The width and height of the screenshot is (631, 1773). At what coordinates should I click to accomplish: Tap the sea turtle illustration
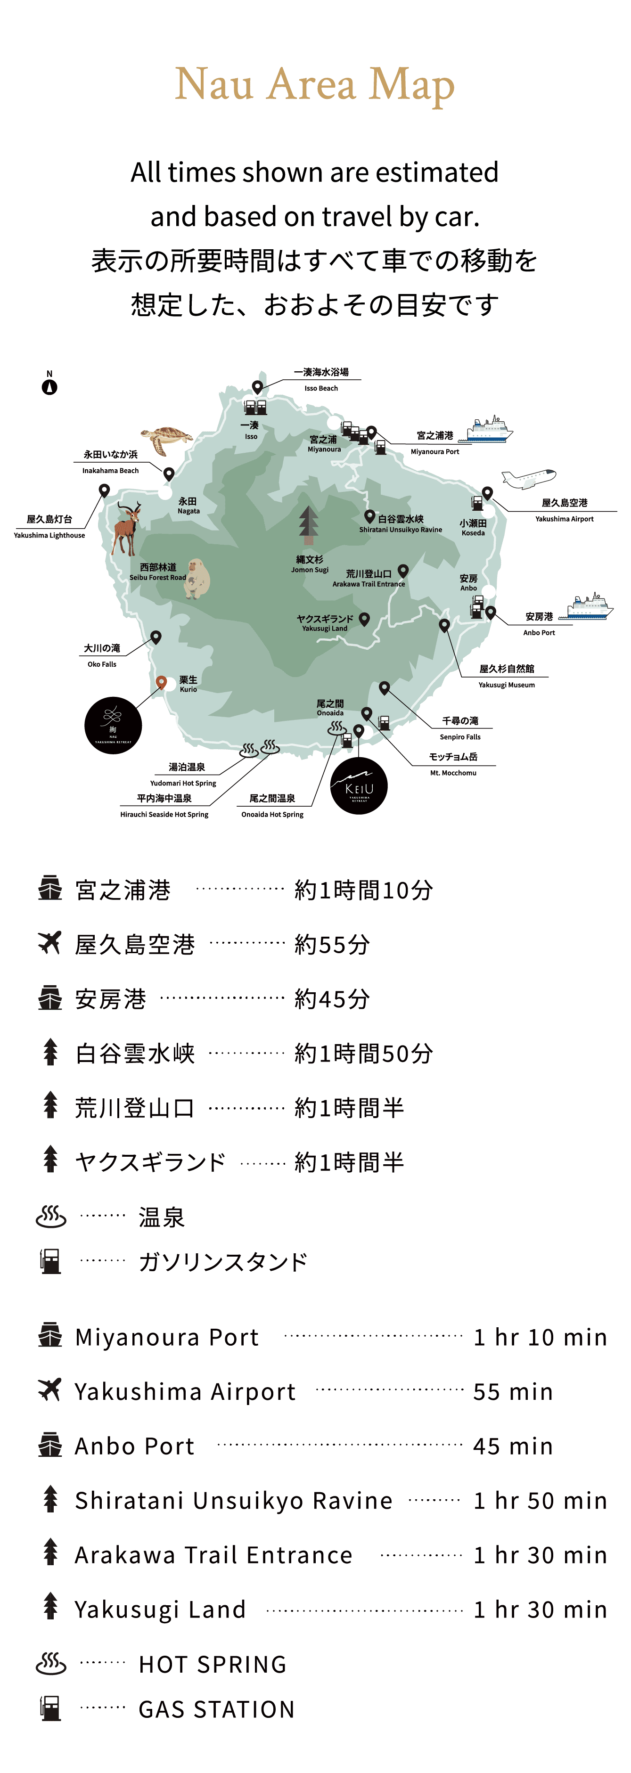166,438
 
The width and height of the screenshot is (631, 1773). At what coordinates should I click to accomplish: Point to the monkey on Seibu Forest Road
197,578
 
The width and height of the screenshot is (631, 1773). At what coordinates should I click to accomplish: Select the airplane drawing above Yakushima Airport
528,478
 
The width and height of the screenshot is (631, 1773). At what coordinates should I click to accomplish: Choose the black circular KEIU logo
359,786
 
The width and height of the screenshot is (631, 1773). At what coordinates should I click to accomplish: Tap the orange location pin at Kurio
161,682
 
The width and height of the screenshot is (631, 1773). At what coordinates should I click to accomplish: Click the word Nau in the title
214,84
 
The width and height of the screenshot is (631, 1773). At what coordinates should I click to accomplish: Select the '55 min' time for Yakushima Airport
513,1392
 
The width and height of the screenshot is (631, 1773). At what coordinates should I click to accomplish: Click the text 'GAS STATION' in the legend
216,1709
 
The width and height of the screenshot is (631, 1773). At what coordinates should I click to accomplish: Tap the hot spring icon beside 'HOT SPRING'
51,1664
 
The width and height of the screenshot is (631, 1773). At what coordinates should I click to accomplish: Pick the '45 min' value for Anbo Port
513,1446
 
